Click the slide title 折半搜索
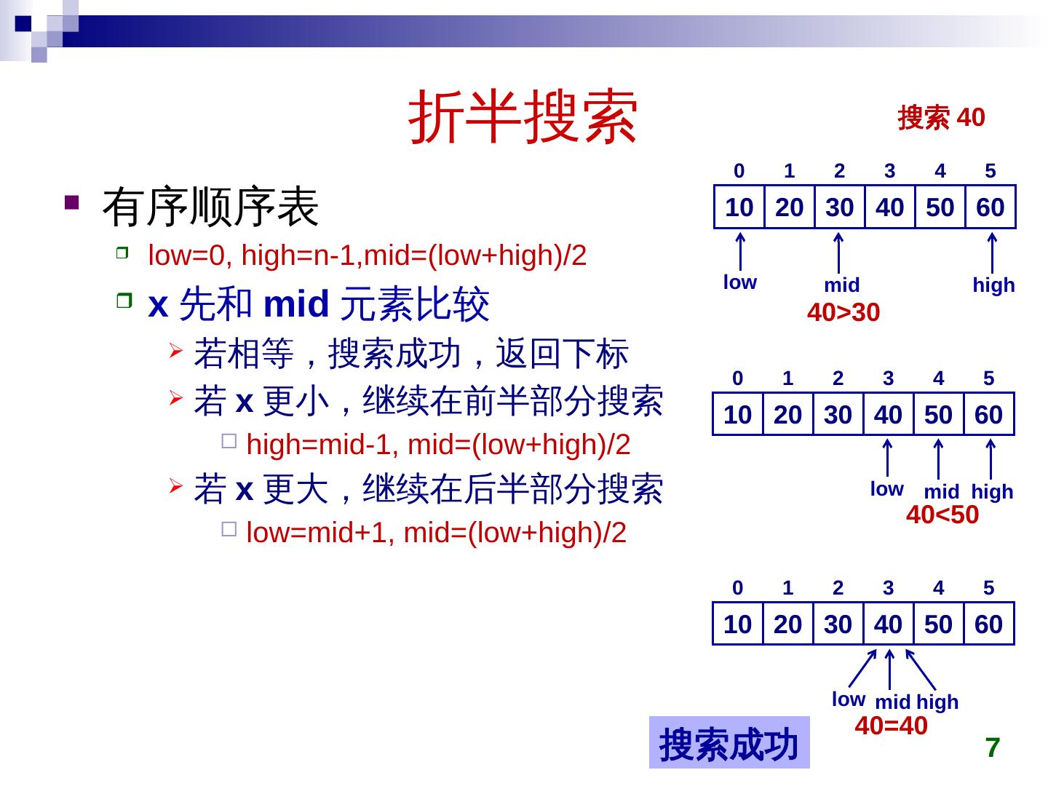[x=523, y=118]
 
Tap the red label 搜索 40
[x=941, y=117]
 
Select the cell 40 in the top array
[x=889, y=207]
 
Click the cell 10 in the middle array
[x=737, y=415]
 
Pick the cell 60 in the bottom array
[x=988, y=624]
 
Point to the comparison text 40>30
[x=843, y=313]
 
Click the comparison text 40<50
[x=942, y=515]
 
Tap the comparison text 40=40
[x=891, y=726]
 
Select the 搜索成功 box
[x=729, y=743]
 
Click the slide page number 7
[x=993, y=747]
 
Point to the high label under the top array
[x=993, y=285]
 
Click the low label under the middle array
[x=886, y=489]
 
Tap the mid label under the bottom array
[x=892, y=702]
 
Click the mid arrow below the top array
[x=839, y=252]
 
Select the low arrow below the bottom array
[x=862, y=667]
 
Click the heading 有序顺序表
[x=210, y=207]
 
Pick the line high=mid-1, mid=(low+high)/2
[x=438, y=445]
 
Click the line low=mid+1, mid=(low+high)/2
[x=436, y=533]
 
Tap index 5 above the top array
[x=990, y=171]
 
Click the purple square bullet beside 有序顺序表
[x=71, y=202]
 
